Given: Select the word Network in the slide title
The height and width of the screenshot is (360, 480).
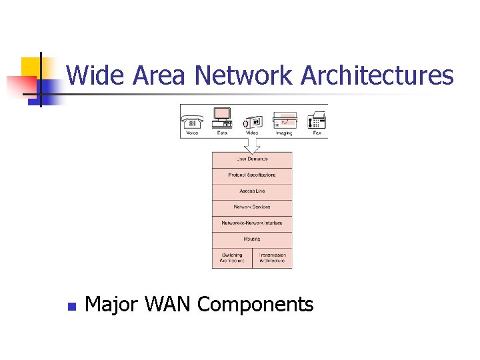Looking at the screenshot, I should click(243, 75).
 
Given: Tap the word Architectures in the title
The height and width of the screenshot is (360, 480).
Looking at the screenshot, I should click(377, 75).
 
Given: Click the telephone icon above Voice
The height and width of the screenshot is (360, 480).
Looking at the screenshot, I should click(193, 120).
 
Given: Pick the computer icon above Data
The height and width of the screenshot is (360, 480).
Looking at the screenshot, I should click(222, 117).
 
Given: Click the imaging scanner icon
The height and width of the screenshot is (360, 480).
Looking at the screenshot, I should click(285, 120).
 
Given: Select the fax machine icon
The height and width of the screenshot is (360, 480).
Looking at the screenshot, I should click(317, 120).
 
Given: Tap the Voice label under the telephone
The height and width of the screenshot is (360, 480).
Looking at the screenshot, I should click(193, 133).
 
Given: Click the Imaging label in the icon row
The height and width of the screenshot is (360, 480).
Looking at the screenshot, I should click(285, 133).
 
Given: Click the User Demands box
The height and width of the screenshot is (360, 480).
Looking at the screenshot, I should click(252, 159).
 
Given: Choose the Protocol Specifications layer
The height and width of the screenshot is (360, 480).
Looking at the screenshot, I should click(252, 175).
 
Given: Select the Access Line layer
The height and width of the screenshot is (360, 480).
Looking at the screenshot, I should click(252, 191).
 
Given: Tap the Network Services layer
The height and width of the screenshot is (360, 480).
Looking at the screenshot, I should click(252, 207).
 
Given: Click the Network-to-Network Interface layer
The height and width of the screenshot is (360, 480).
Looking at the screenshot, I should click(252, 223).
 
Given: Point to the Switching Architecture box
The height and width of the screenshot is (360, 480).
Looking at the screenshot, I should click(232, 258).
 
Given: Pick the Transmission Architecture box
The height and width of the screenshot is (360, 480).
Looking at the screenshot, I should click(272, 258).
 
